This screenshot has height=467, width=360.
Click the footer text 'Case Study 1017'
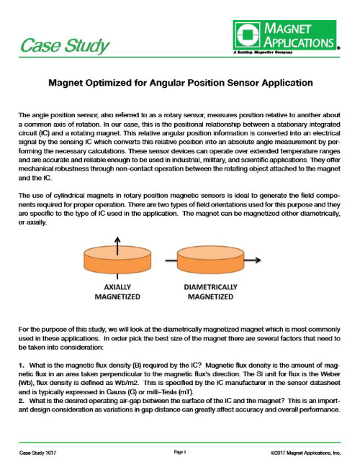[37, 452]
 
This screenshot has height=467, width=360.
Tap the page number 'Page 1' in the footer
[180, 451]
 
